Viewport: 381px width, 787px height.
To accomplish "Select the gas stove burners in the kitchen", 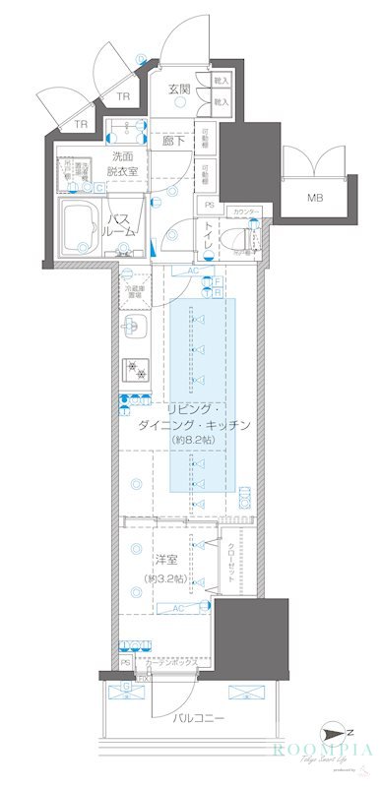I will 134,371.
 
